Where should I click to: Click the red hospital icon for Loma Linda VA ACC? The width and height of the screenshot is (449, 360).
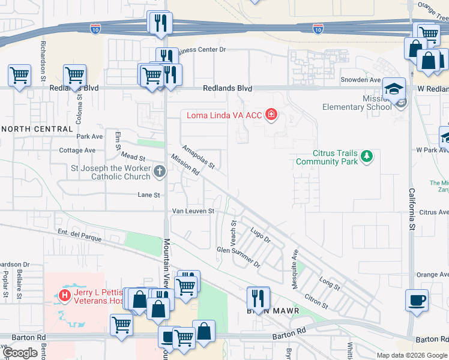coord(271,115)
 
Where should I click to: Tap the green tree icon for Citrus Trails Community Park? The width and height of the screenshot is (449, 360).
coord(366,157)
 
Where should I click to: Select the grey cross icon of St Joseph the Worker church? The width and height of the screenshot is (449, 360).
coord(160,172)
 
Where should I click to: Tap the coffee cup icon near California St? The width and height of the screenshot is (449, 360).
coord(417,300)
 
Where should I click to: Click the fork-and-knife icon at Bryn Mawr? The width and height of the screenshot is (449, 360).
coord(259,297)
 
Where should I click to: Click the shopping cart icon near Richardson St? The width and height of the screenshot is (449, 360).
coord(19,76)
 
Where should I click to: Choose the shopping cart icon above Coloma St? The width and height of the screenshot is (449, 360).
coord(74,76)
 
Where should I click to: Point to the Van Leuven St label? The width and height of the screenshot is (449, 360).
coord(193,211)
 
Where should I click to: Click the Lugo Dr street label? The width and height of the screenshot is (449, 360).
coord(261,233)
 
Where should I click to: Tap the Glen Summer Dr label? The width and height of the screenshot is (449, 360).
coord(238,256)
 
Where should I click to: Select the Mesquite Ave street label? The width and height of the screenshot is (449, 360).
coord(295,270)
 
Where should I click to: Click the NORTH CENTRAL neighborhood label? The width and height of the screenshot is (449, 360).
coord(37,129)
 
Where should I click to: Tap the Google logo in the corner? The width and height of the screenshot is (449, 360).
coord(20,353)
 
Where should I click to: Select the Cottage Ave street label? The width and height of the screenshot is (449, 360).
coord(77,150)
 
